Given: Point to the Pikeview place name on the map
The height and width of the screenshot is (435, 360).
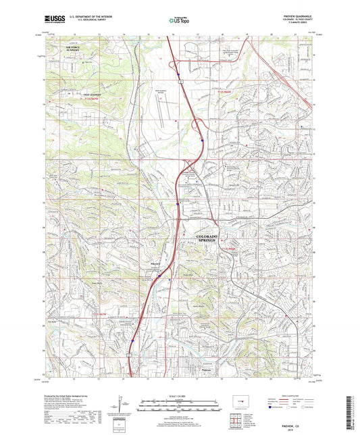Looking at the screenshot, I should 155,265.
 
